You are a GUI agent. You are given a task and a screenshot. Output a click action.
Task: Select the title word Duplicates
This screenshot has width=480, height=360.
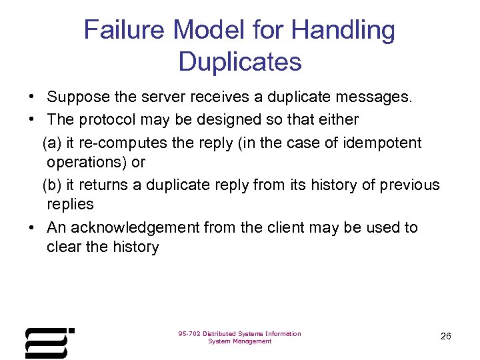point(240,61)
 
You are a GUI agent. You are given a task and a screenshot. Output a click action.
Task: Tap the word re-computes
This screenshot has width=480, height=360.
point(110,143)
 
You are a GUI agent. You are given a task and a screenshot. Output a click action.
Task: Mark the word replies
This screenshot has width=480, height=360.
point(70,204)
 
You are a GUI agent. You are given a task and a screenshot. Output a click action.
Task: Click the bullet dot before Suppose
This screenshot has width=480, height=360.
point(32,98)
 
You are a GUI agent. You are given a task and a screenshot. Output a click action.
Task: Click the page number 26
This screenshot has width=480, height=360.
point(446,336)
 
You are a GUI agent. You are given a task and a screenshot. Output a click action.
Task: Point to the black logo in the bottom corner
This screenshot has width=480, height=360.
point(49,343)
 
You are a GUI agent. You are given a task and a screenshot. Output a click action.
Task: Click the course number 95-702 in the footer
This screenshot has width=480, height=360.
point(189,333)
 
